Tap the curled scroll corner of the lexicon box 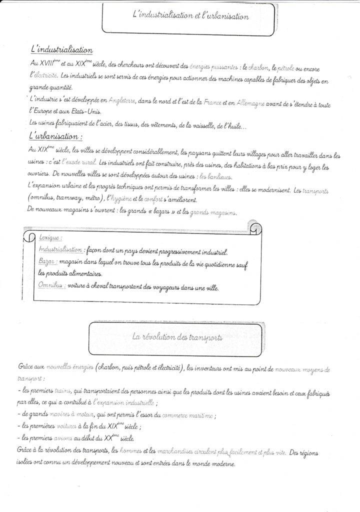[x=254, y=228]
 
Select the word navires [x=61, y=414]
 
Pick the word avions [x=61, y=437]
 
